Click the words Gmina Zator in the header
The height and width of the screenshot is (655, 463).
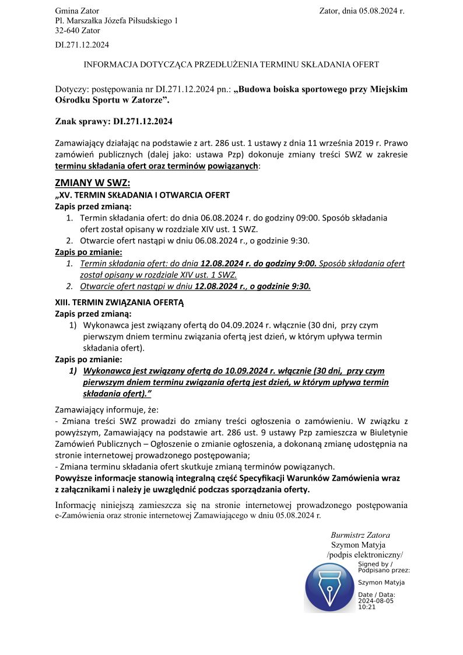pos(77,11)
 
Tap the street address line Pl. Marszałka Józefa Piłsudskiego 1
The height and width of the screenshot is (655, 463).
pos(116,21)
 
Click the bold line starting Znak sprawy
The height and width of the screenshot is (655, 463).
pos(114,122)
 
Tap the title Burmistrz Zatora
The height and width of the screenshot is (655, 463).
pos(360,535)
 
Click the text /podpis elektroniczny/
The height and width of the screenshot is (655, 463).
pos(365,555)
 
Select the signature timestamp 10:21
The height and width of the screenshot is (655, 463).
pos(367,607)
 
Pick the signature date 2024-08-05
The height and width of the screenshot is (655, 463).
pos(376,601)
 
